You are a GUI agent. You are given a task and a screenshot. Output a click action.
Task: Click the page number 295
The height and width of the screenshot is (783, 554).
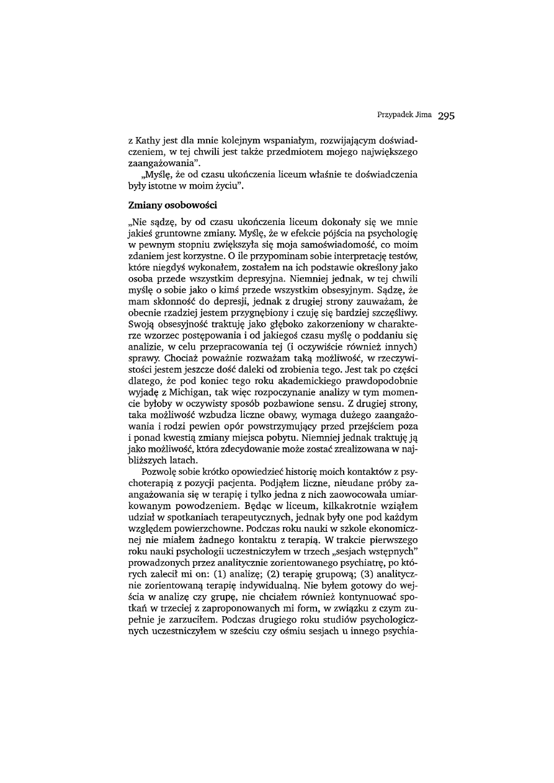pos(446,115)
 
